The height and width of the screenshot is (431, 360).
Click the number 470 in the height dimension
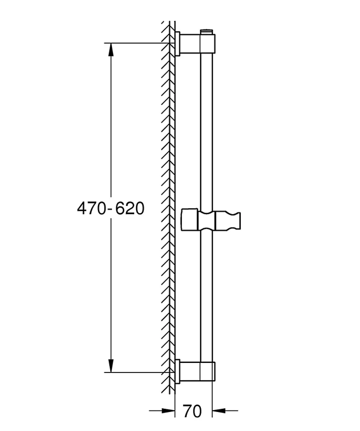[91, 208]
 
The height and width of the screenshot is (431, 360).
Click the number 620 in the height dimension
[130, 208]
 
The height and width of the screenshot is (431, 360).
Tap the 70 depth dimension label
[192, 411]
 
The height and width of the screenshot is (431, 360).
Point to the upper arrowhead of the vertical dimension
[111, 50]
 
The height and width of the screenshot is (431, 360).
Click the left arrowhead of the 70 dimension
[168, 411]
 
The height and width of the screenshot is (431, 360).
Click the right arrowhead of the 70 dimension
[219, 411]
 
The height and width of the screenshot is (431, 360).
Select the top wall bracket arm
[190, 44]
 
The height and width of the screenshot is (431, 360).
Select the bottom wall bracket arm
[190, 371]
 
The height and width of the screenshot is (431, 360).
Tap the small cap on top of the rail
[207, 32]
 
